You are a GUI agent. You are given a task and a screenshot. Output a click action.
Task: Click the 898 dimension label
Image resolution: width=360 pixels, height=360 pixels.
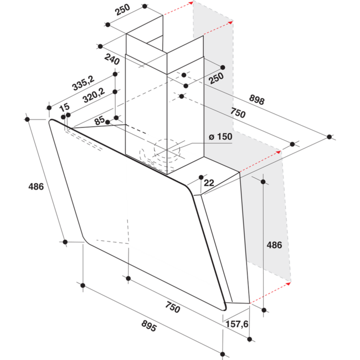[256, 99]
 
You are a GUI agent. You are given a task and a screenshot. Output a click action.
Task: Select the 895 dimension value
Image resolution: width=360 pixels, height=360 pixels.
[149, 326]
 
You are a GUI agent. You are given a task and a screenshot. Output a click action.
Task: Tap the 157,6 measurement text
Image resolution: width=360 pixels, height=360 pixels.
[237, 324]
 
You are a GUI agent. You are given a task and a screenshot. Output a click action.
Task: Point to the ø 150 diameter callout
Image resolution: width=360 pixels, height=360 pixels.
[220, 137]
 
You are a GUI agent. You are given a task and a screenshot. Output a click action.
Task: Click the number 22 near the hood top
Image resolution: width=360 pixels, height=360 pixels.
[209, 183]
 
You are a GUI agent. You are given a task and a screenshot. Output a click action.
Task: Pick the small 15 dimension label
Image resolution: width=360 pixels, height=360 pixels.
[64, 107]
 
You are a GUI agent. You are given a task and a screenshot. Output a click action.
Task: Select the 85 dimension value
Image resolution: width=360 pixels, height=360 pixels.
[99, 121]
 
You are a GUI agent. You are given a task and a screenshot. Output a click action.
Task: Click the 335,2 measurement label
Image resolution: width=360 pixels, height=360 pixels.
[83, 83]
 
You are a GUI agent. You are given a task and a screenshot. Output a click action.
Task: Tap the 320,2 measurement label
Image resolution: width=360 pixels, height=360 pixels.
[94, 95]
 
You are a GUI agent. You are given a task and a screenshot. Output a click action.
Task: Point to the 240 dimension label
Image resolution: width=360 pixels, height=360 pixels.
[112, 59]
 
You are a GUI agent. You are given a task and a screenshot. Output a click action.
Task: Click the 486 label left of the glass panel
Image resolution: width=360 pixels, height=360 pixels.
[36, 187]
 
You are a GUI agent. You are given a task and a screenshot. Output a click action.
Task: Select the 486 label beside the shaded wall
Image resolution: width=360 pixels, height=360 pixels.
[274, 245]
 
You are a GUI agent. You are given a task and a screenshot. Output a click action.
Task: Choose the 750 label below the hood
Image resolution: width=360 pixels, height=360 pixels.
[173, 307]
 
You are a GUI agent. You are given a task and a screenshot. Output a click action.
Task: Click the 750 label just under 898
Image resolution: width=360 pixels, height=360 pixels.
[238, 113]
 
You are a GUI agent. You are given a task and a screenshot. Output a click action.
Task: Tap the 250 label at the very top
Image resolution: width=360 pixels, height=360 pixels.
[122, 9]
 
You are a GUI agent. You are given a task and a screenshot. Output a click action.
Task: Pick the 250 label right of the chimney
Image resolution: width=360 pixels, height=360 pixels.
[216, 78]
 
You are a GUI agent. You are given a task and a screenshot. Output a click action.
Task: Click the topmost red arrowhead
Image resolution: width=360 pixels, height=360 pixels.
[191, 3]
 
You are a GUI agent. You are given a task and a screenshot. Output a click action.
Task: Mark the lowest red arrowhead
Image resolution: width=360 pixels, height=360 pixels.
[289, 284]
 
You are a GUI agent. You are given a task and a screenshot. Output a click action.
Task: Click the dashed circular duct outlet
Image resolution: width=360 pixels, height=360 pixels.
[167, 148]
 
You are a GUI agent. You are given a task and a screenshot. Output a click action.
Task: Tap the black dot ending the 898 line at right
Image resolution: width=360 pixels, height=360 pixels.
[330, 137]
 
